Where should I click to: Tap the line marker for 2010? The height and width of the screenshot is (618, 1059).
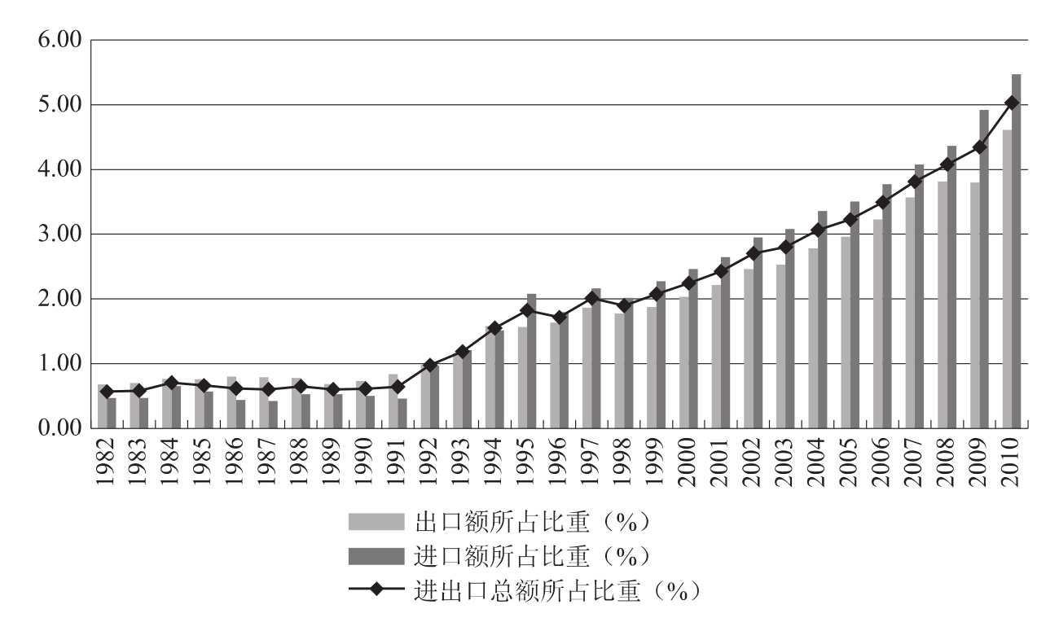[1012, 103]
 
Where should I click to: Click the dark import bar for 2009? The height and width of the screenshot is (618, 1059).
[984, 269]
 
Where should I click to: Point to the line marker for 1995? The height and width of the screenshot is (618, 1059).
[527, 310]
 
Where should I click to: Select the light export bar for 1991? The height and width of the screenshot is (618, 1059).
[393, 401]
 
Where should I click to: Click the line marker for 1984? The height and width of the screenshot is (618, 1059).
[171, 382]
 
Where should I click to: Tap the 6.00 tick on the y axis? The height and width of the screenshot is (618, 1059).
[59, 40]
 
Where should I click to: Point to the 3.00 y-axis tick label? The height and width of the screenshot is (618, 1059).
[59, 234]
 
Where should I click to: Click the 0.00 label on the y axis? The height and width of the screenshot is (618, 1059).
[59, 428]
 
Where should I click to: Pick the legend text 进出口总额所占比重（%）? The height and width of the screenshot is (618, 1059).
[558, 589]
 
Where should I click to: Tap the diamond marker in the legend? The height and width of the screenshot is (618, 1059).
[376, 589]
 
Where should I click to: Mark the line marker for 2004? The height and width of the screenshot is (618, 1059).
[818, 230]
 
